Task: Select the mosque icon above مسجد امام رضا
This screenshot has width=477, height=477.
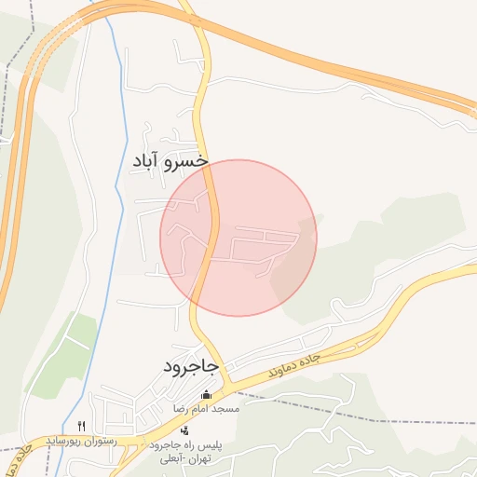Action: click(206, 395)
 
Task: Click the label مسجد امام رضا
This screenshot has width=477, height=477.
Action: click(206, 409)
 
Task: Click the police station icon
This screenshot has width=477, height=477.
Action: click(184, 430)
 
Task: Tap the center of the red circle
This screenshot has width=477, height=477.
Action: click(238, 238)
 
